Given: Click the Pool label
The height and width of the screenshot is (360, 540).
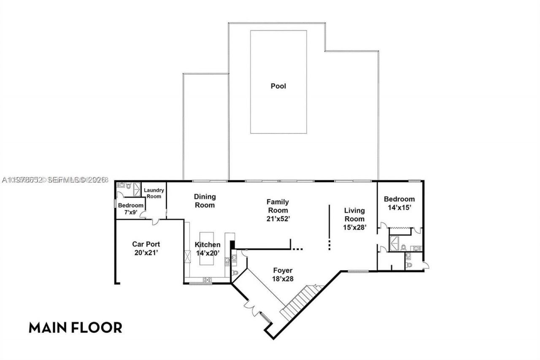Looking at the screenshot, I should pos(278,86).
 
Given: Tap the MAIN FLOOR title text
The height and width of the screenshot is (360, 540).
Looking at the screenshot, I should pos(75,328).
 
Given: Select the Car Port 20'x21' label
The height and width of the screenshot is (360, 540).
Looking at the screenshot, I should pos(146,248).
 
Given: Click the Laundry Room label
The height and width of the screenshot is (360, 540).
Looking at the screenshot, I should pos(154,193).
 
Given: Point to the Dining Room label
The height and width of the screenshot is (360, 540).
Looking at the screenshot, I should pos(205,201).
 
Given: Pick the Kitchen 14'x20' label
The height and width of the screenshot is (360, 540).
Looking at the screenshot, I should pos(207,249).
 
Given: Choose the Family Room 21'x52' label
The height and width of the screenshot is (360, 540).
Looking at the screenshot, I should pos(278,210).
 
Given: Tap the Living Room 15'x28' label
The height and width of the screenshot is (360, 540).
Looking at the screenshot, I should pos(354,218).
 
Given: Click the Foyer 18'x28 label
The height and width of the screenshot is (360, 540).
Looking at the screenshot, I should pos(283,274).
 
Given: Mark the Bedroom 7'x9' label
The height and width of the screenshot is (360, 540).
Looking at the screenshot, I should pos(131,209).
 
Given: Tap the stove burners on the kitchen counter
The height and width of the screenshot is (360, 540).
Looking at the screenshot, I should pos(207,279).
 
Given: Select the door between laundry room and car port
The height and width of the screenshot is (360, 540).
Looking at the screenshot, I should pos(156,220).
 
